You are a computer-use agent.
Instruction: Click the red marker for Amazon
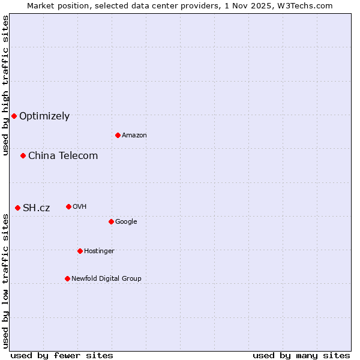coord(118,135)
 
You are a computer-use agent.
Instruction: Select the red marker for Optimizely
coord(14,116)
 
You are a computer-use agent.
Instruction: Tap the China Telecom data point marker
coord(23,155)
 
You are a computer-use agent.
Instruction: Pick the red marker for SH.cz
coord(17,208)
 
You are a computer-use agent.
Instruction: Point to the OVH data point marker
coord(68,206)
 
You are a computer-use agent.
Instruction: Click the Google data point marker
coord(111,221)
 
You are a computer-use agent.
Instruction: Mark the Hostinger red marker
coord(80,251)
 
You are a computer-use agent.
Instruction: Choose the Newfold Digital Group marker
coord(67,278)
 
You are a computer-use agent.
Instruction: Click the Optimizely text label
coord(44,116)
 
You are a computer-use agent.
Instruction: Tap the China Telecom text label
coord(63,156)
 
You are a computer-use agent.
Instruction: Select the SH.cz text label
coord(37,208)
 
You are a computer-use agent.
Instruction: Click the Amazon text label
coord(134,136)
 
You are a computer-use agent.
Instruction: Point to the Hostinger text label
coord(99,251)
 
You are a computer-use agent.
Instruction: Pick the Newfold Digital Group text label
coord(106,279)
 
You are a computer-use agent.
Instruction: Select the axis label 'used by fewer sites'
coord(62,356)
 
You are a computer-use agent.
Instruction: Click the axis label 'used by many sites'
coord(301,356)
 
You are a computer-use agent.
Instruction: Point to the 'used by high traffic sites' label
coord(5,85)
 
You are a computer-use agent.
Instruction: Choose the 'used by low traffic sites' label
coord(5,280)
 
